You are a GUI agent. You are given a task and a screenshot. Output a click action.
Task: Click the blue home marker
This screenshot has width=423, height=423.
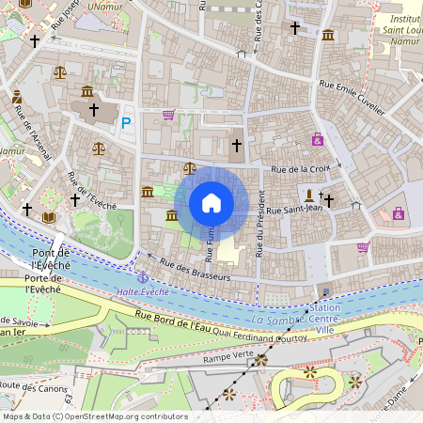211,203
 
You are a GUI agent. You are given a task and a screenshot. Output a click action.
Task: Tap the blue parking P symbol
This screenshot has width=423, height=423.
127,122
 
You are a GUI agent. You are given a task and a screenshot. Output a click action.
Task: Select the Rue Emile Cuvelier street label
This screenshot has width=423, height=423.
352,98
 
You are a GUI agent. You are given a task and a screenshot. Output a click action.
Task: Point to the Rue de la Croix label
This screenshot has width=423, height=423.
301,169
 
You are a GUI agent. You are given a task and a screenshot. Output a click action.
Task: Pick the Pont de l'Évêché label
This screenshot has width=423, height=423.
53,259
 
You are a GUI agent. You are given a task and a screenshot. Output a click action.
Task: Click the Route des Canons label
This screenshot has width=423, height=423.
37,386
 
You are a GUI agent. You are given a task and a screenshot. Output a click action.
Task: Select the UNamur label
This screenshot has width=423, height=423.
105,7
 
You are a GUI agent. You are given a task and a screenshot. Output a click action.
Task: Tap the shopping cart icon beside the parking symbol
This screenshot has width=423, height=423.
168,115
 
